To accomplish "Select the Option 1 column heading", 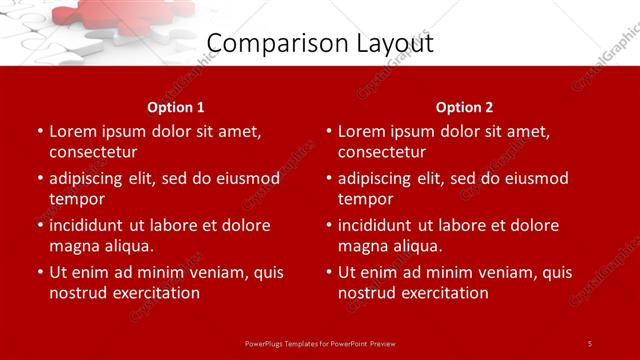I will click(x=176, y=107).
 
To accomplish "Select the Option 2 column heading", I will click(x=464, y=107).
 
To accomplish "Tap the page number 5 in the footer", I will click(x=590, y=343).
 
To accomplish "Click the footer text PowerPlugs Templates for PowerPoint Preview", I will click(x=320, y=343).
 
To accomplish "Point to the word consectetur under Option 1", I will click(x=93, y=153).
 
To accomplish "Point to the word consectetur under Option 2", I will click(x=382, y=153).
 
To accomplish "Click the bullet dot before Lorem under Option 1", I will click(x=40, y=132).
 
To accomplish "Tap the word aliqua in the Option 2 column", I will click(x=416, y=246).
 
